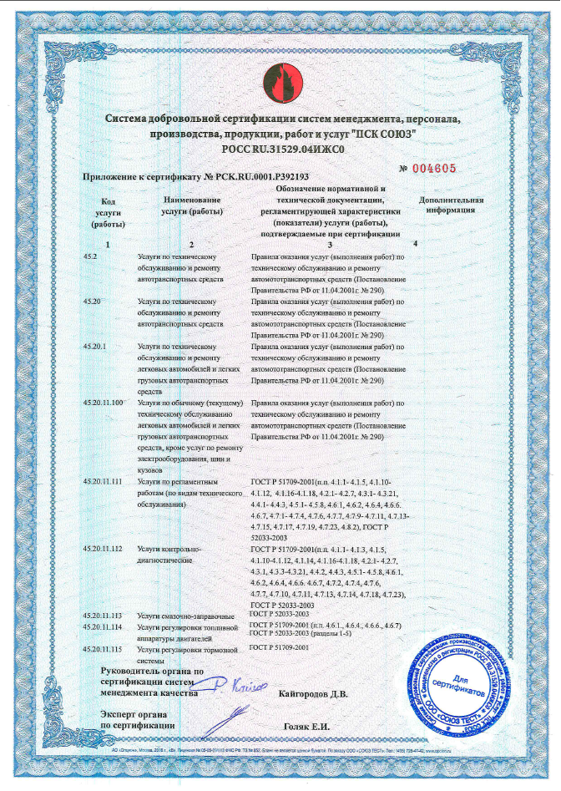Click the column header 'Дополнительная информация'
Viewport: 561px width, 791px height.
[x=451, y=206]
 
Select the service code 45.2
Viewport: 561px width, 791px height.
[x=92, y=256]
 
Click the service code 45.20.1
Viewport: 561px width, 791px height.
[x=97, y=346]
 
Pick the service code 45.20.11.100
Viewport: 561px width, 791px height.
[x=104, y=403]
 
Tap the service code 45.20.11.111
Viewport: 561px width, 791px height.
[x=104, y=482]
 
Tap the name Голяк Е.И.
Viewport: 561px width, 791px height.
[x=308, y=727]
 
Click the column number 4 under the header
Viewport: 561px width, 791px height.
[x=415, y=243]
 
